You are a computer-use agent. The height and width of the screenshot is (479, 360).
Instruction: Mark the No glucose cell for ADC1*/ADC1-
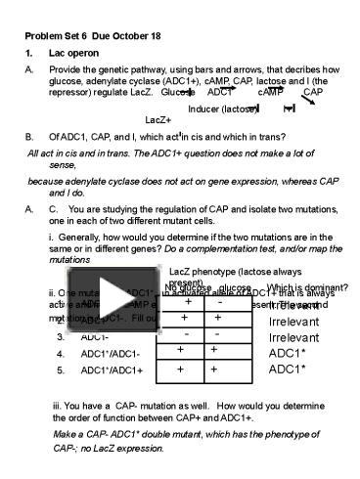[180, 351]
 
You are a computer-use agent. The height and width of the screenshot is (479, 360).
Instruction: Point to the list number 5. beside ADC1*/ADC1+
[60, 370]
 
